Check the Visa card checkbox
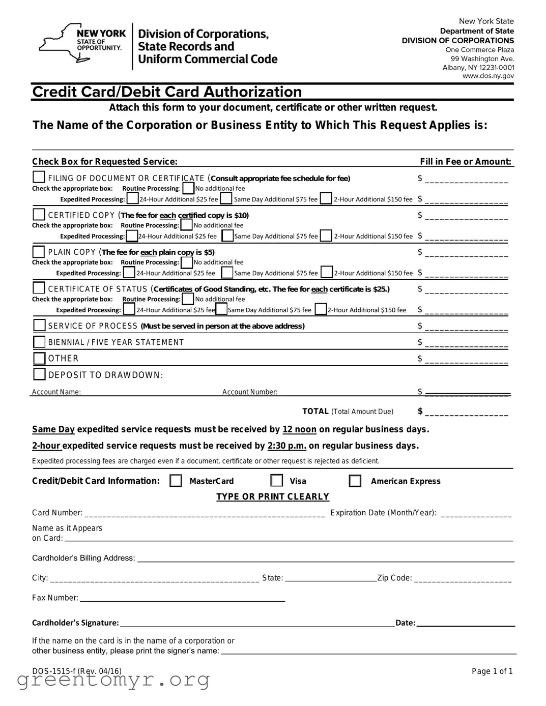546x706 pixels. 277,481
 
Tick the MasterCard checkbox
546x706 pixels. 176,481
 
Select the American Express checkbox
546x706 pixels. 355,481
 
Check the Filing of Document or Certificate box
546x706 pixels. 39,177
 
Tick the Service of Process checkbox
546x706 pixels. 39,325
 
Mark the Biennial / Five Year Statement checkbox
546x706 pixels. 39,342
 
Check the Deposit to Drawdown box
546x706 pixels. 39,374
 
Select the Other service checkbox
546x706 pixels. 39,358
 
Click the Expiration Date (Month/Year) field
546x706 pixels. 476,514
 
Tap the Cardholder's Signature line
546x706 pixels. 257,624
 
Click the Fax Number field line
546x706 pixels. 182,599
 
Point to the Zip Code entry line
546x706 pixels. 463,579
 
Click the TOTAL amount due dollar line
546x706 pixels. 466,413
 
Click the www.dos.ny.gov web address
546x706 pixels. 488,76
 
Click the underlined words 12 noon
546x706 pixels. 299,429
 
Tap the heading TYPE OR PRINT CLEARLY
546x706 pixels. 273,496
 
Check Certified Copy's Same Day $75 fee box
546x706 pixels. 228,236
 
